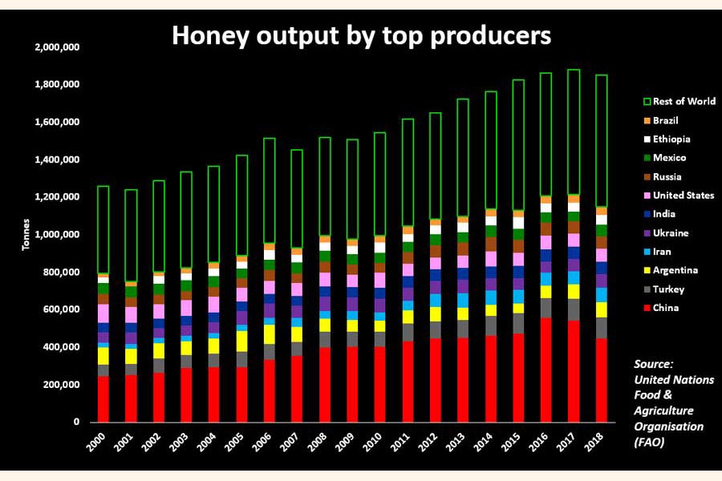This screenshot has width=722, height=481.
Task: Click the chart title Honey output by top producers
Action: (x=360, y=35)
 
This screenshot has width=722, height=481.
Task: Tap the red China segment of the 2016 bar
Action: (x=546, y=369)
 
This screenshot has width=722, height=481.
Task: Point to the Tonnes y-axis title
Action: (x=26, y=235)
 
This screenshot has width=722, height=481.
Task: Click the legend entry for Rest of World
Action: (x=684, y=102)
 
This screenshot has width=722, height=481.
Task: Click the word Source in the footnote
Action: (x=653, y=363)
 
